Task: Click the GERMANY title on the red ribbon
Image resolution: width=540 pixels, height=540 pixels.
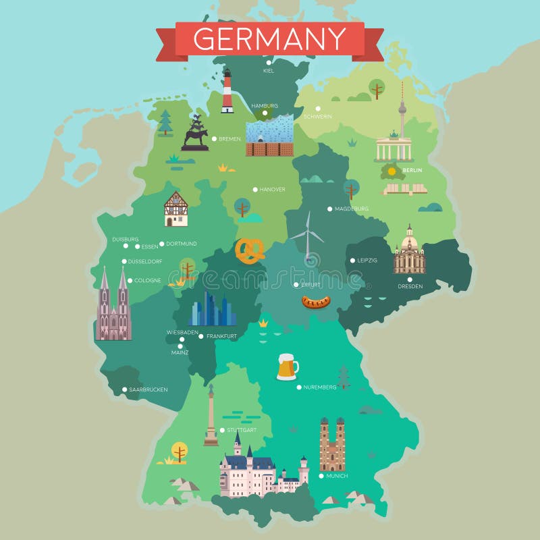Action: click(x=269, y=38)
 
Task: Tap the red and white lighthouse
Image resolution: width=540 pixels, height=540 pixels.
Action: click(x=227, y=92)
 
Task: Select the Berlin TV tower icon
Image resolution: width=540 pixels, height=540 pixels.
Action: click(x=402, y=111)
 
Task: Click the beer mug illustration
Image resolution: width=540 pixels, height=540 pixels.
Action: click(x=287, y=367)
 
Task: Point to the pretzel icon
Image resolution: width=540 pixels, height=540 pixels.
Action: click(x=250, y=252)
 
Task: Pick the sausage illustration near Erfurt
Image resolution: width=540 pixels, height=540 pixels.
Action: click(x=315, y=302)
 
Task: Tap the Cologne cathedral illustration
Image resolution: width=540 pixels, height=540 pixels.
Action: click(x=113, y=306)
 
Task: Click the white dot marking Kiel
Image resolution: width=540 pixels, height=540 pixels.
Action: click(x=269, y=63)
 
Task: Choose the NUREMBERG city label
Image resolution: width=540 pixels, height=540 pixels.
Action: click(x=319, y=387)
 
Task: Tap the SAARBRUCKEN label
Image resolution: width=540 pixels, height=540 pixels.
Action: click(x=148, y=389)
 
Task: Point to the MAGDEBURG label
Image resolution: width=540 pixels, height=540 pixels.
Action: click(x=352, y=209)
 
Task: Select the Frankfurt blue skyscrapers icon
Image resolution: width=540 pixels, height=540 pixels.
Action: click(x=212, y=310)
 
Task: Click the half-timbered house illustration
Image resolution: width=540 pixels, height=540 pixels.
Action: click(x=176, y=209)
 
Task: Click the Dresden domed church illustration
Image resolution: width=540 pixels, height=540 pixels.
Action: click(x=409, y=251)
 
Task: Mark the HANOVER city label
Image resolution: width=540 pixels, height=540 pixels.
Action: click(x=273, y=190)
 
